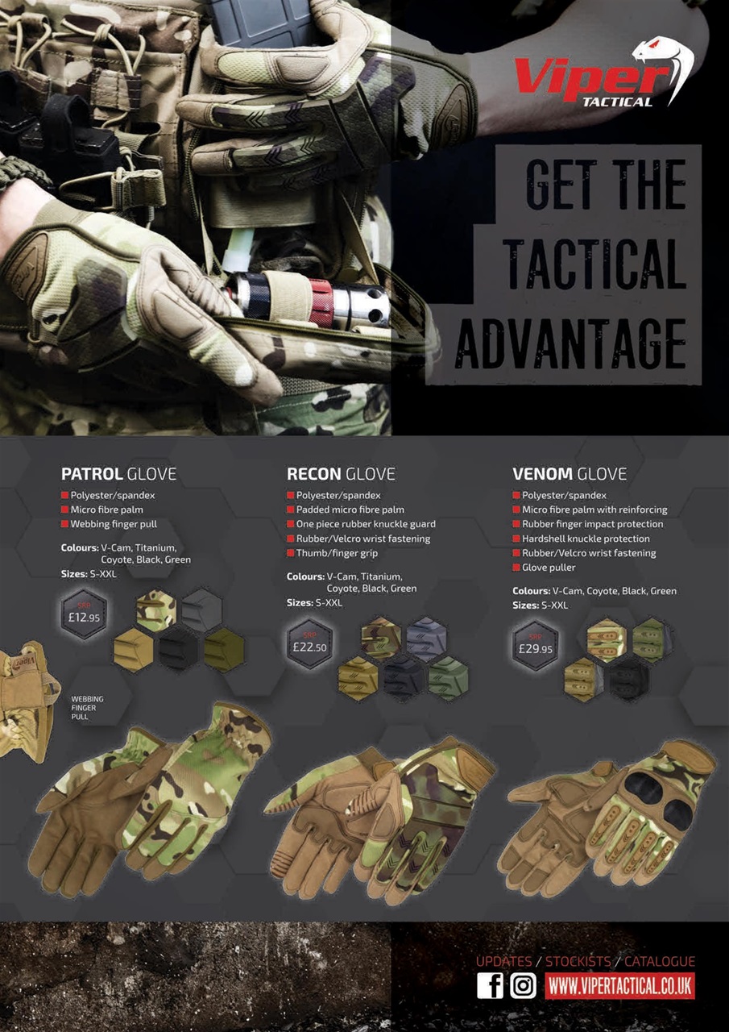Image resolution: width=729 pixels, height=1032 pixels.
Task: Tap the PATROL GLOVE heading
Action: coord(118,474)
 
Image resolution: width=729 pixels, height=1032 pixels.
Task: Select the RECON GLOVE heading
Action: coord(341,474)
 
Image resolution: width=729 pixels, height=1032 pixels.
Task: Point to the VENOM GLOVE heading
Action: coord(569,474)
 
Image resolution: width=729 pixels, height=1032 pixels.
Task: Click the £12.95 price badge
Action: coord(85,615)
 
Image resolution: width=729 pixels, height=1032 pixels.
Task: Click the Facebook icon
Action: coord(490,985)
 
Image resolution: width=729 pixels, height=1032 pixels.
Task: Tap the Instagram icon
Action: coord(523,985)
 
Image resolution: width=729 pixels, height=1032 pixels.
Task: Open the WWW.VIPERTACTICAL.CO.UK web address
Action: coord(619,985)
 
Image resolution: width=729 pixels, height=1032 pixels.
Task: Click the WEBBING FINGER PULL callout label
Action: coord(87,707)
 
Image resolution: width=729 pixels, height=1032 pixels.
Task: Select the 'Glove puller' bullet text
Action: coord(549,568)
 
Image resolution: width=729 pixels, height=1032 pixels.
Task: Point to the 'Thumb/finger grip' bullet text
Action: coord(337,553)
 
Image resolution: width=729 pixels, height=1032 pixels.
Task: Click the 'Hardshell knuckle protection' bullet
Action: coord(586,539)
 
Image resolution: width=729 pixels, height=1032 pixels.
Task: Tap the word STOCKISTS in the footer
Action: coord(578,962)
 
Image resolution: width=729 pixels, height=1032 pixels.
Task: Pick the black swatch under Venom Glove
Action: coord(628,679)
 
